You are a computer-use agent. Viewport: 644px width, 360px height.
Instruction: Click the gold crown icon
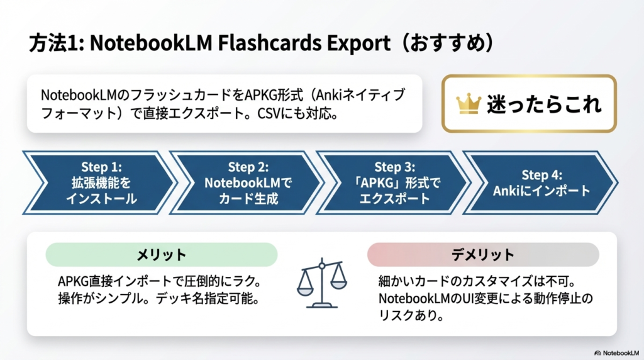point(468,104)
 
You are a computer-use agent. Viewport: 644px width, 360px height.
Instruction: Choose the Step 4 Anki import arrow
point(541,183)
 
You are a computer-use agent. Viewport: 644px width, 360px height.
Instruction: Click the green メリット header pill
point(162,254)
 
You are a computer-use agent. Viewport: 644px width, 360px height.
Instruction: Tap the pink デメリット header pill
point(483,254)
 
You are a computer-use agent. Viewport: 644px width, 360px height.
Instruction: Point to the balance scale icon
point(322,283)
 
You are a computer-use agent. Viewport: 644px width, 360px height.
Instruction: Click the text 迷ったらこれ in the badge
point(544,104)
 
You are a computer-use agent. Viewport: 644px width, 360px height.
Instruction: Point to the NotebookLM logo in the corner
point(616,353)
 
